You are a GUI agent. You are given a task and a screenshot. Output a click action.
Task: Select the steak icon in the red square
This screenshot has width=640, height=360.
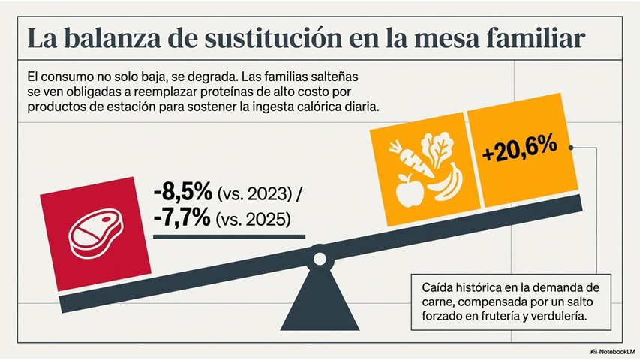96,233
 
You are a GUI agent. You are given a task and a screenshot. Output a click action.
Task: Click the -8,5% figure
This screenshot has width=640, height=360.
183,192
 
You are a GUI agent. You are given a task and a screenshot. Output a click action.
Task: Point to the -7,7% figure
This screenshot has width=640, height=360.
182,217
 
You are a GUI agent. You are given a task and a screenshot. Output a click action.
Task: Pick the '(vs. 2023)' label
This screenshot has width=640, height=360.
254,194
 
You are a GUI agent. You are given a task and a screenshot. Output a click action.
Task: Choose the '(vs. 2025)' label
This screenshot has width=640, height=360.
253,220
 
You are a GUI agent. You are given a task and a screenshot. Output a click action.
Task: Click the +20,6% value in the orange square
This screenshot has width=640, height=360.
520,148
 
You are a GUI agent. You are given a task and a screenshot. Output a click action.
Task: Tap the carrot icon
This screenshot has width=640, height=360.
410,159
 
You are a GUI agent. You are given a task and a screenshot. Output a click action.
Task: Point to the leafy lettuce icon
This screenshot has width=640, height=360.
437,149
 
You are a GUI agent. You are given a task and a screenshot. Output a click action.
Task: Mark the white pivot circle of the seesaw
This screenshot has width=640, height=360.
320,259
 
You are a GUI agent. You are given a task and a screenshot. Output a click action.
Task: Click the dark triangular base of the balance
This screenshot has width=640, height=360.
320,298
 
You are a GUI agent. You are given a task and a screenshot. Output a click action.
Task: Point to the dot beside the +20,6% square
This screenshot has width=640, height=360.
571,148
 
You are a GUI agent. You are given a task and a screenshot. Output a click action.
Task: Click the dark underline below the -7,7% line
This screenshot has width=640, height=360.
229,236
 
